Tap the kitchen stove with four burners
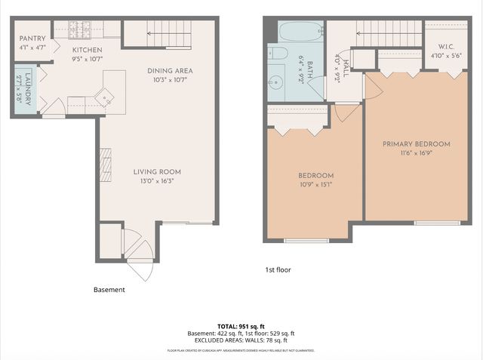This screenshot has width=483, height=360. (80, 29)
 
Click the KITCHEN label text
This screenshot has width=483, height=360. (86, 49)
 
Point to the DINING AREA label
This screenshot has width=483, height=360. (170, 71)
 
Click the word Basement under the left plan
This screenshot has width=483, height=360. (109, 289)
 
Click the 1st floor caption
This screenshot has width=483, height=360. (277, 269)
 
